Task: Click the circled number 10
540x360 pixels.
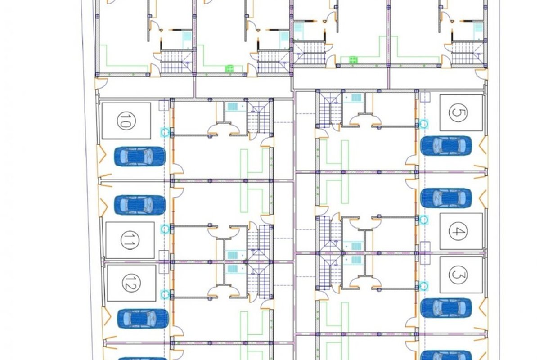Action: click(x=126, y=121)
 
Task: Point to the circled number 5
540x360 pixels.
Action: click(x=458, y=113)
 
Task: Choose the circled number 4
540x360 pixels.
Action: click(x=458, y=231)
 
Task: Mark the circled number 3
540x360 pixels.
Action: click(x=458, y=274)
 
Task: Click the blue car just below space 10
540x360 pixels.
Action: click(x=140, y=156)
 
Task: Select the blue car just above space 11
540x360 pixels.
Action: click(x=140, y=205)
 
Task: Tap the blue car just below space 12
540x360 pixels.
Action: click(x=143, y=318)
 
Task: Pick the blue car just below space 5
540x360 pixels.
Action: click(x=446, y=146)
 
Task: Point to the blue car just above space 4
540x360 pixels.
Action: click(x=446, y=198)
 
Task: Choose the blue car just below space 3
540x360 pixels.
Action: click(x=446, y=307)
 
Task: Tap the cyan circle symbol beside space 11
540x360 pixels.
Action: click(x=166, y=228)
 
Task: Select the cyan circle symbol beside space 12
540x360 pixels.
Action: click(x=166, y=294)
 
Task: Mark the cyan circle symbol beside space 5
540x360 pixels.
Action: click(x=423, y=123)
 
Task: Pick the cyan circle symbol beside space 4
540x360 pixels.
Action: click(x=423, y=219)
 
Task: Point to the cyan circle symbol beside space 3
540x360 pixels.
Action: click(x=423, y=285)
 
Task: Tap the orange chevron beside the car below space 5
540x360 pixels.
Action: click(x=483, y=145)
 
